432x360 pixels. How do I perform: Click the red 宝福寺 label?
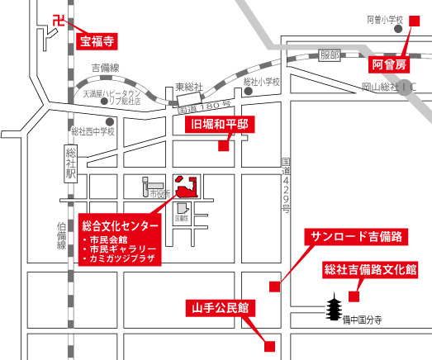click(x=97, y=38)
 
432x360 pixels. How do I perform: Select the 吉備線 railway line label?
click(x=106, y=67)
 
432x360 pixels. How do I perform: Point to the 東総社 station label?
click(x=188, y=87)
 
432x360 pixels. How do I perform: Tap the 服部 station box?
click(x=330, y=54)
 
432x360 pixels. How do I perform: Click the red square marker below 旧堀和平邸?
click(x=222, y=147)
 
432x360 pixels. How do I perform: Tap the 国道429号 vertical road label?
click(x=286, y=186)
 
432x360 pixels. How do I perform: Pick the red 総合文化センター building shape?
click(x=187, y=184)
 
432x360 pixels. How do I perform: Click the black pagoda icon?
click(x=334, y=310)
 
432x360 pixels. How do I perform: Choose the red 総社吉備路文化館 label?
click(x=370, y=269)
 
